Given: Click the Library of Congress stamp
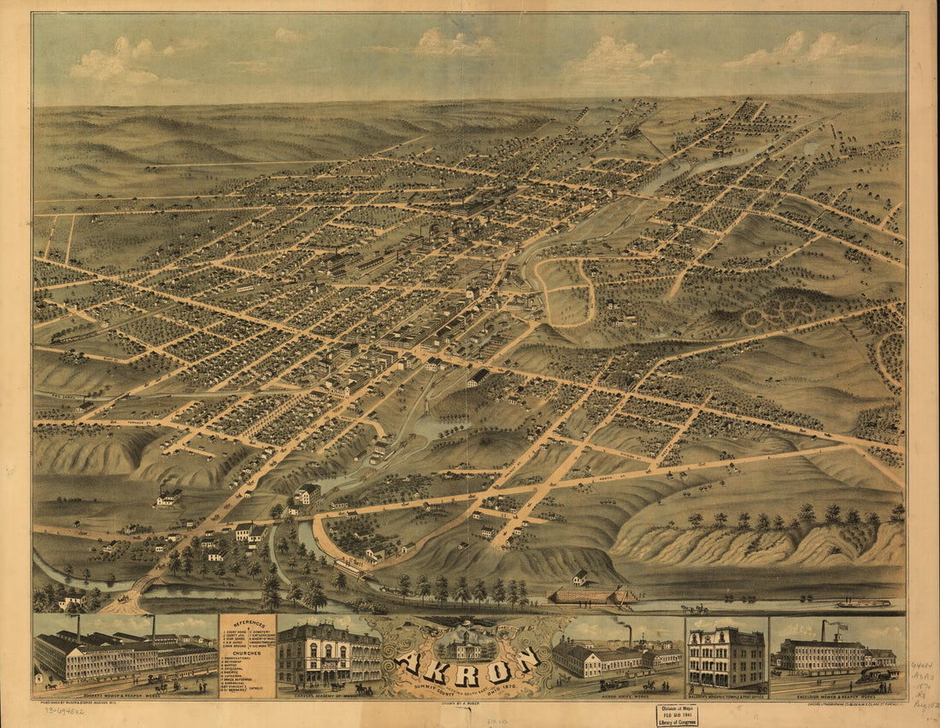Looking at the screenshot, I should [x=677, y=715].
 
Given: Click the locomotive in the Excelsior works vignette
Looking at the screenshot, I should [x=876, y=675].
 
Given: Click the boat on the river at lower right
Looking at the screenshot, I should [x=863, y=603].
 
